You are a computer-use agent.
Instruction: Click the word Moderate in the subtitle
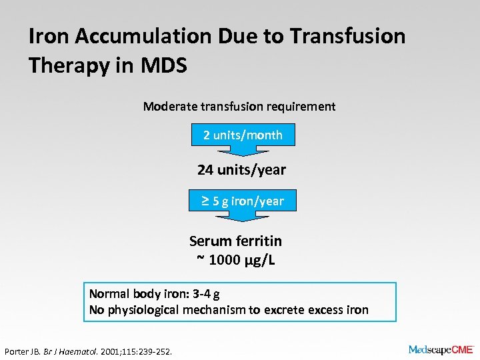point(170,107)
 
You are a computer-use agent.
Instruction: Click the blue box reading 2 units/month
point(243,135)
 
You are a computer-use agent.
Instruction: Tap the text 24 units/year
point(241,170)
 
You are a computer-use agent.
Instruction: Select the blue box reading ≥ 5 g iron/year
point(243,201)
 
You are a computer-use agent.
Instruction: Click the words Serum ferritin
point(235,241)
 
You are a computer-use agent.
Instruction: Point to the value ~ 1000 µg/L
point(235,260)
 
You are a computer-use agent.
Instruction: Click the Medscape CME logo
point(441,349)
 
